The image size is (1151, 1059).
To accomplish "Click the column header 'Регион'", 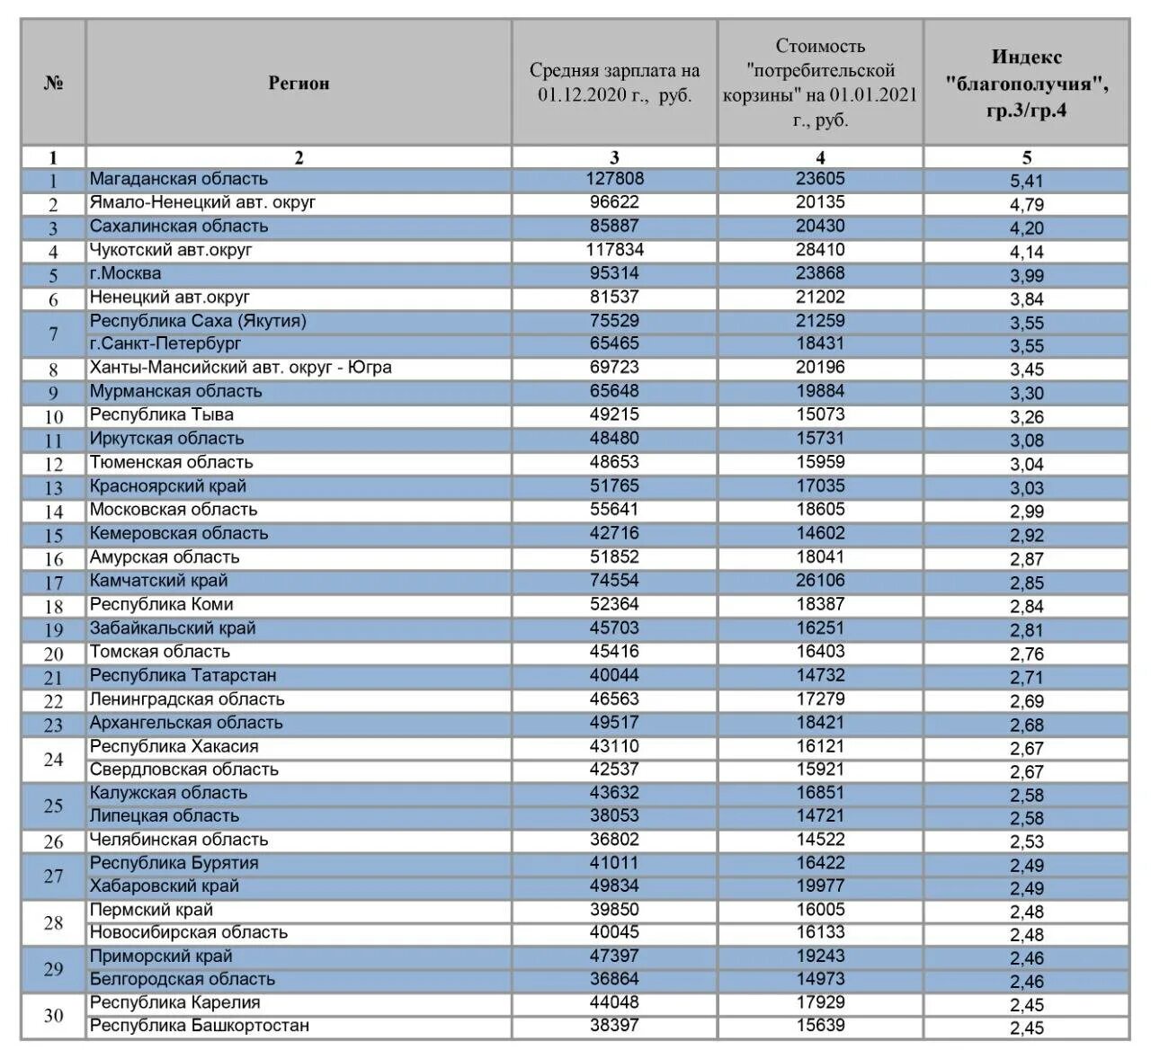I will [x=299, y=84].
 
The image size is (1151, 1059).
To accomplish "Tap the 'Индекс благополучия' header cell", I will [x=1027, y=84].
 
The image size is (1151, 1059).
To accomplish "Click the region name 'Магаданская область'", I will [x=178, y=179].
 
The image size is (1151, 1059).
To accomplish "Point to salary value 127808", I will [x=614, y=179].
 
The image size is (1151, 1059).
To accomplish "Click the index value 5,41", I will [x=1026, y=181].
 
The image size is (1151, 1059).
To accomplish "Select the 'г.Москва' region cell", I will [x=125, y=273].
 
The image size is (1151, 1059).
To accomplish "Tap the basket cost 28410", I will [x=820, y=250].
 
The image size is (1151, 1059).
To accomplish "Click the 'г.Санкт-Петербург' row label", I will [x=165, y=343].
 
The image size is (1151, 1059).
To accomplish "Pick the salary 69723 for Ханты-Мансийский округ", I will [x=614, y=368].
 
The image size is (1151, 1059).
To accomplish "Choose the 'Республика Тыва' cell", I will [x=161, y=414].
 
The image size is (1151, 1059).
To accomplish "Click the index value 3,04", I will [x=1026, y=464].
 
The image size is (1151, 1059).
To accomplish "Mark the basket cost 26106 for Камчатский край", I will [x=820, y=581].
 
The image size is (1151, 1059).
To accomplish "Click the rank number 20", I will [x=53, y=654].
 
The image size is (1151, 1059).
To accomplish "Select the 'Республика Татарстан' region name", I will [x=183, y=675].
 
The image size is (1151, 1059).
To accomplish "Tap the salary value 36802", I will [x=614, y=840].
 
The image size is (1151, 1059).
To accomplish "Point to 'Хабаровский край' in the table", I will [x=164, y=885].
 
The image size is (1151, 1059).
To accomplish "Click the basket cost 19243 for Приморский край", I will [x=820, y=956].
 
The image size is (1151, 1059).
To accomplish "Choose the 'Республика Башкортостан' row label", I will [x=199, y=1026].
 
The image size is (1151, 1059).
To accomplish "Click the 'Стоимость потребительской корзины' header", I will [x=820, y=83].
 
